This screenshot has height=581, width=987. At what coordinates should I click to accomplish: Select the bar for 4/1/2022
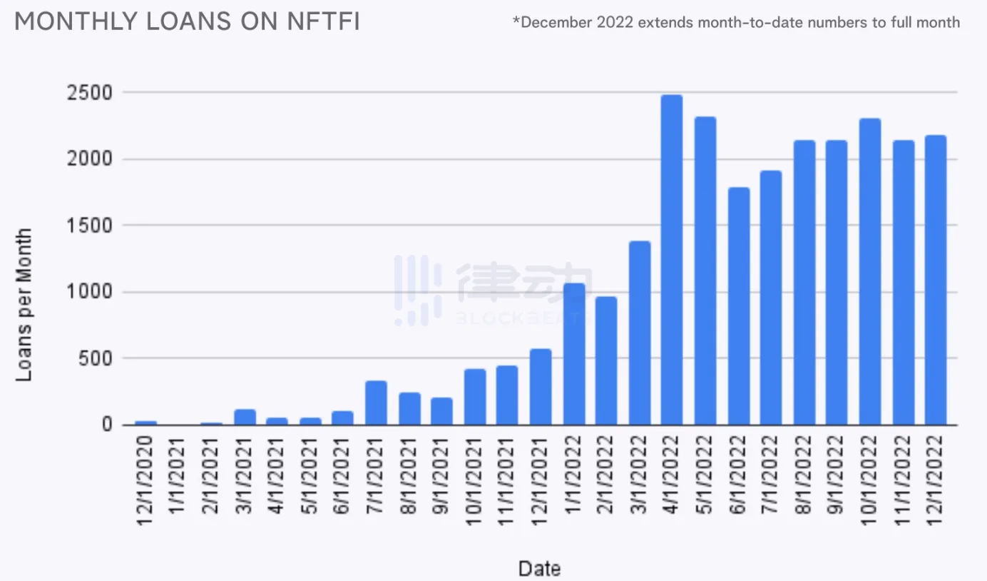pyautogui.click(x=672, y=260)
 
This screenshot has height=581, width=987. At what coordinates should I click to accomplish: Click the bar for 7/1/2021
pyautogui.click(x=376, y=403)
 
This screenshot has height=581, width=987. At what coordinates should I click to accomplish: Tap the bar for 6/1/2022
pyautogui.click(x=738, y=306)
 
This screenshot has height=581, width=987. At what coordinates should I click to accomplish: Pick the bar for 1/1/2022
pyautogui.click(x=574, y=354)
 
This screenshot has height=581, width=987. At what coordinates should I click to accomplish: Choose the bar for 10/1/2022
pyautogui.click(x=870, y=271)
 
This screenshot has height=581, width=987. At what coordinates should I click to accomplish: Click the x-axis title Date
pyautogui.click(x=539, y=569)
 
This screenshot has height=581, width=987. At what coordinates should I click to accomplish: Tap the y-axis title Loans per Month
pyautogui.click(x=24, y=304)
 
